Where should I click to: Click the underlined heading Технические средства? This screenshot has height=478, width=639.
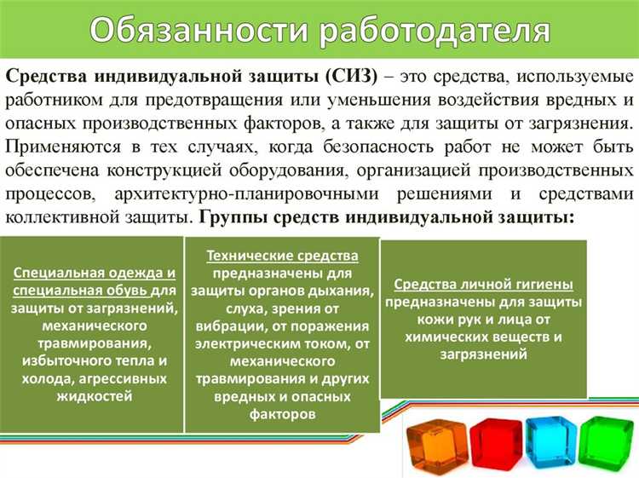click(x=282, y=256)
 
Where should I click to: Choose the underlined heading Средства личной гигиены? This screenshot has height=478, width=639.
click(x=483, y=285)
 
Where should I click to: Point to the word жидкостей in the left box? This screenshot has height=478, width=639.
click(x=94, y=395)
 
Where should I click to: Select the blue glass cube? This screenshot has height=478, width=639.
click(x=546, y=443)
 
